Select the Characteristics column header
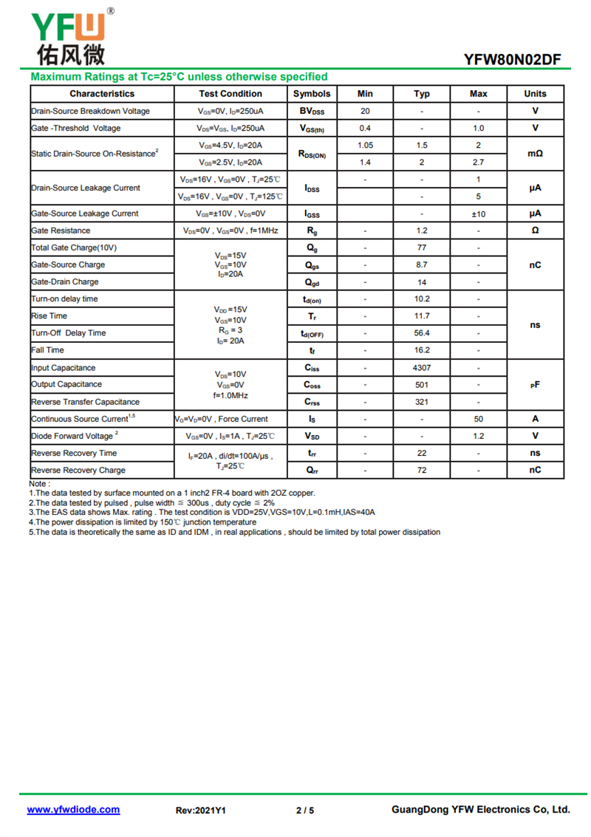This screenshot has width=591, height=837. [102, 94]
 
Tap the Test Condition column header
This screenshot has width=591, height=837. [230, 94]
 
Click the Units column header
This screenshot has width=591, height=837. [535, 94]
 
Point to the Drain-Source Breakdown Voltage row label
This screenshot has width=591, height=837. [90, 112]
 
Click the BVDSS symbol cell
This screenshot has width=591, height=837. [312, 112]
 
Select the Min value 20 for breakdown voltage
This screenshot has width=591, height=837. [365, 112]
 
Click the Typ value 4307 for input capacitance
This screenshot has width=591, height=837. [422, 367]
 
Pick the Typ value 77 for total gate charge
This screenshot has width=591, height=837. [422, 247]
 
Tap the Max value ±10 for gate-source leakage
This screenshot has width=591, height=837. [479, 213]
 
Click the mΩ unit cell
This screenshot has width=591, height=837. [535, 154]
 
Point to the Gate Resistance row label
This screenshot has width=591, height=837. [61, 230]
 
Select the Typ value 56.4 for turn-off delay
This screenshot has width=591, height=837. [422, 333]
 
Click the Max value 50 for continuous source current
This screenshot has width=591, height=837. [479, 419]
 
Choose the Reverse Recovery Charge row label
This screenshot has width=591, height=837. [78, 471]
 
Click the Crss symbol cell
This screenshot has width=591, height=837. [312, 402]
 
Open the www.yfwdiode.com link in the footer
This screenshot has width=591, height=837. [73, 810]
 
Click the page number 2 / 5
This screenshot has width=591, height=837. [305, 810]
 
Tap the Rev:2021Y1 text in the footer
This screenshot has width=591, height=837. [200, 810]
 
